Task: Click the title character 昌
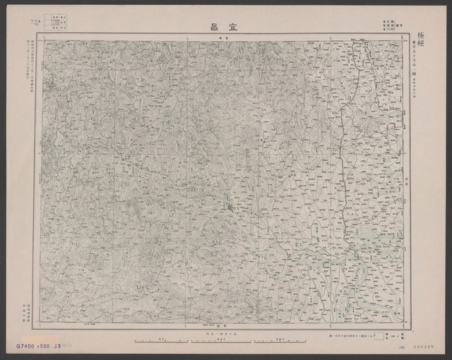coord(213,27)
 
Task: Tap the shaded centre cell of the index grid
coord(54,23)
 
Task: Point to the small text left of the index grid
coord(40,23)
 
